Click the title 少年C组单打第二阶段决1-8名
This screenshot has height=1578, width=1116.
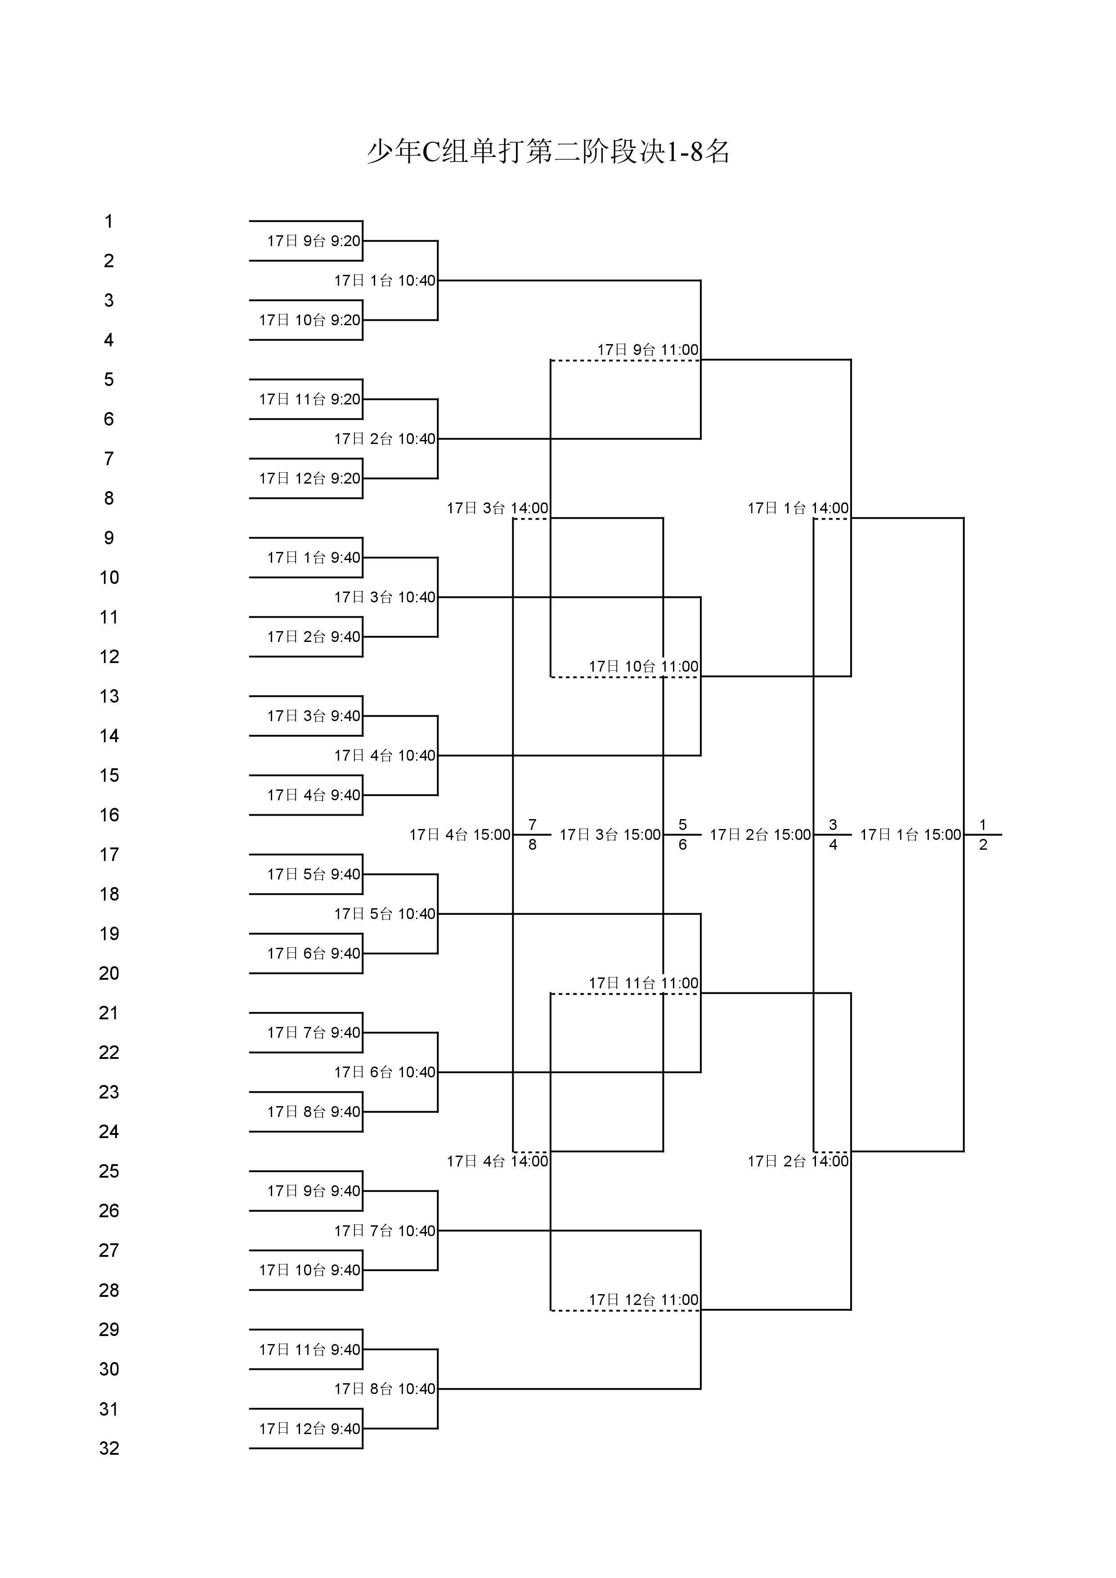click(x=548, y=151)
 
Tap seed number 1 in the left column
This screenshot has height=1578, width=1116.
click(x=108, y=221)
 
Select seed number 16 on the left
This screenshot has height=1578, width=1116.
click(x=109, y=815)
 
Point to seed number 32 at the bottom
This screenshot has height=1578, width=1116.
click(x=109, y=1448)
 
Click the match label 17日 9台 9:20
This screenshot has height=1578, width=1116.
click(x=314, y=241)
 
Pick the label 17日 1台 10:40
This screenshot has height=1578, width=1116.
click(x=385, y=280)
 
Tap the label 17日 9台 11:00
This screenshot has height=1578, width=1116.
click(x=647, y=350)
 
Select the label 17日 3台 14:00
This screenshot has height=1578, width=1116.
click(x=497, y=508)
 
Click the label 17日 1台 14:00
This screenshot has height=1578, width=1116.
click(x=798, y=508)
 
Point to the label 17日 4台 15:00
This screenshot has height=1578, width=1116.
click(x=460, y=834)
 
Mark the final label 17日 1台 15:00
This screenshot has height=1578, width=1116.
click(x=910, y=834)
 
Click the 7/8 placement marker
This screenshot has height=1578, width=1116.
click(x=533, y=834)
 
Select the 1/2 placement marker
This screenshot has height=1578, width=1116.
click(x=983, y=834)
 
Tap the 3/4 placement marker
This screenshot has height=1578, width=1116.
click(x=833, y=834)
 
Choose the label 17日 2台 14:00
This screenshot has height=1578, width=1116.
click(x=798, y=1161)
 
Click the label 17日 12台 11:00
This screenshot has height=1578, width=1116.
click(x=643, y=1300)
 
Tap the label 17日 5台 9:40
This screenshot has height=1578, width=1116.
click(x=314, y=874)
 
